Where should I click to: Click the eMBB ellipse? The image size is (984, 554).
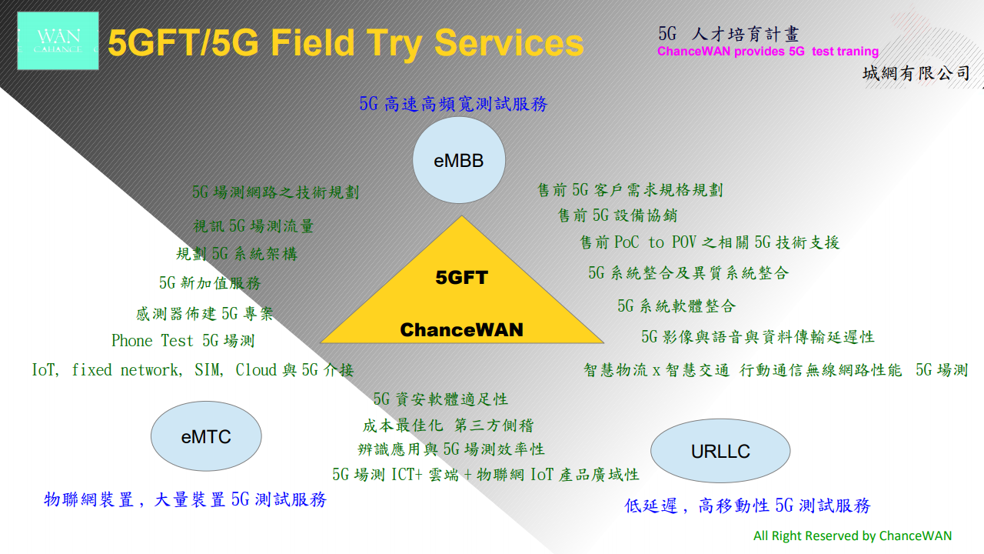tap(459, 160)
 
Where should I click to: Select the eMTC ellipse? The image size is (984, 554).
tap(206, 437)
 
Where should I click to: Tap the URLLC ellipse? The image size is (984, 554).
tap(720, 451)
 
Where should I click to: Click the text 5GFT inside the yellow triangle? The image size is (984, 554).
tap(461, 278)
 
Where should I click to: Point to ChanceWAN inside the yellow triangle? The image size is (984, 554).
tap(461, 330)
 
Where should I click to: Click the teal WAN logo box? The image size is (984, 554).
tap(58, 41)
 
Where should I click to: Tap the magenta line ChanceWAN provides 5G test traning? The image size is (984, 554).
tap(767, 52)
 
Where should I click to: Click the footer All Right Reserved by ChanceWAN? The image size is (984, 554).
tap(853, 536)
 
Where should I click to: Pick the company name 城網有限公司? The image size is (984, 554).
tap(916, 74)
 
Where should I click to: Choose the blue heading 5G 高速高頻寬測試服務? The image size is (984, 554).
tap(454, 104)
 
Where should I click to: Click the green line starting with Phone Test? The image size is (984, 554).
tap(183, 340)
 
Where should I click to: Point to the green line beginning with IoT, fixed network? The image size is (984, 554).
tap(193, 370)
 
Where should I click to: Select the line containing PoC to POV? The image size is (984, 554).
tap(710, 242)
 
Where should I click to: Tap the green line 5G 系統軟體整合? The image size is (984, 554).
tap(676, 306)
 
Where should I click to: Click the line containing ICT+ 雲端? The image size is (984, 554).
tap(485, 474)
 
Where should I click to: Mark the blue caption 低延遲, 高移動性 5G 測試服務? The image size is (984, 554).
tap(747, 506)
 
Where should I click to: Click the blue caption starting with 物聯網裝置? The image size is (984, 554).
tap(185, 499)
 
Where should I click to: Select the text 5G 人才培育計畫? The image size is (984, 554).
tap(729, 34)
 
